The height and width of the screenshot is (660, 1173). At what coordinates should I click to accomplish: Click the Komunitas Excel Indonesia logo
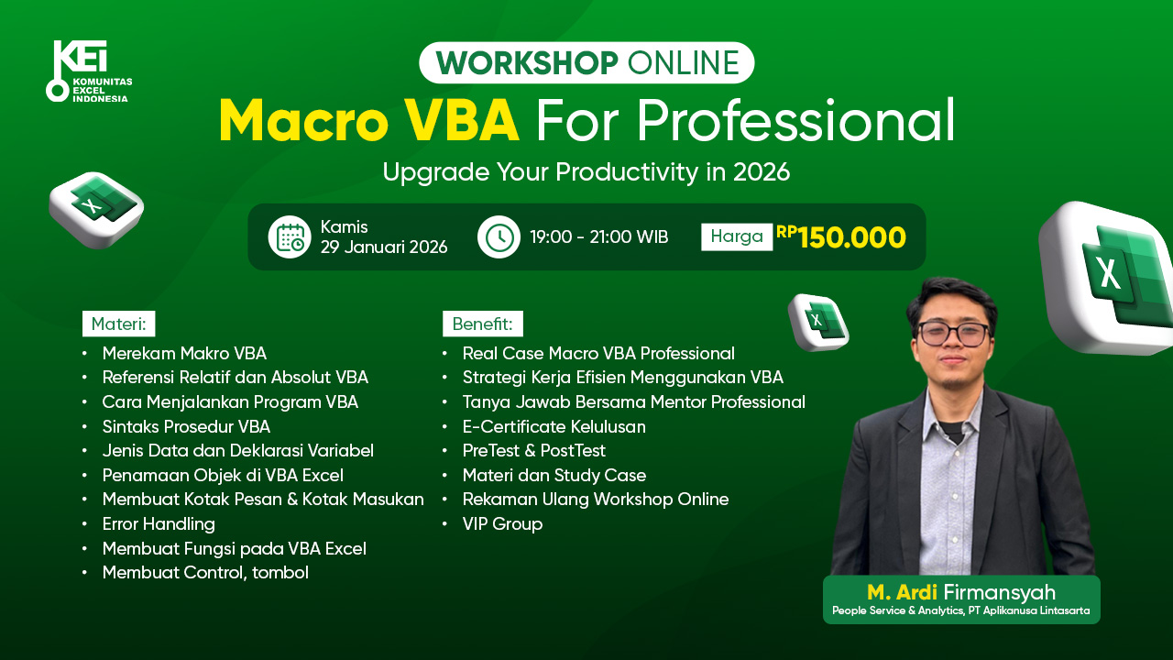coord(88,71)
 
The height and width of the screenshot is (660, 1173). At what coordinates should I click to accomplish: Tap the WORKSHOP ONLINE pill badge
coord(586,62)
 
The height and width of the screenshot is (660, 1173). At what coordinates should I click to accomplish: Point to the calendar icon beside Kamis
coord(290,236)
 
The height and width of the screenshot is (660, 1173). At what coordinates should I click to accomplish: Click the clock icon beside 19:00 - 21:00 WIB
coord(499,236)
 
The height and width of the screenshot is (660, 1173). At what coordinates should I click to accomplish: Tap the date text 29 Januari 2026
coord(384,247)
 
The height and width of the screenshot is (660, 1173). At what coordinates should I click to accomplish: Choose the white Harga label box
coord(737,236)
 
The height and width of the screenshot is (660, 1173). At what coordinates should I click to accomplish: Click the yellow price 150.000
coord(851,237)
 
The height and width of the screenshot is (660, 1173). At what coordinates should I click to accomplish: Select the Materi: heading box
coord(119,324)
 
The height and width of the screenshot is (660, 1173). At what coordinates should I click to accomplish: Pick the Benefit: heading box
coord(483,324)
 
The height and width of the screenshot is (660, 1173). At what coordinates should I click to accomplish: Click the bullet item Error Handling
coord(159,524)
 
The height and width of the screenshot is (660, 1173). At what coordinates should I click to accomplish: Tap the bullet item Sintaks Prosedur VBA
coord(186,426)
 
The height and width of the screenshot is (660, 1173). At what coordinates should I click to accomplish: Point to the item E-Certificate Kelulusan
coord(554,426)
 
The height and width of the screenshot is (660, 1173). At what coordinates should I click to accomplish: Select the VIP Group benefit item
coord(502,524)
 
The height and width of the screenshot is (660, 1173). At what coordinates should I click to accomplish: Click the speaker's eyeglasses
coord(953,333)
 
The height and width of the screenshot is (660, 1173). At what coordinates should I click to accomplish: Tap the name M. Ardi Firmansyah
coord(961,592)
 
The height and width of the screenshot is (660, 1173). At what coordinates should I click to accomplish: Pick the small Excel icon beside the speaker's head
coord(818,321)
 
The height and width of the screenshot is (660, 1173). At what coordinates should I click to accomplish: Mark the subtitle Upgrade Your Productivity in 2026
coord(586,172)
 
